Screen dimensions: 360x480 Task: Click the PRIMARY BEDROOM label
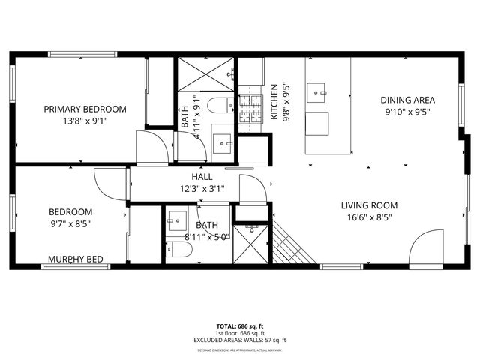click(85, 109)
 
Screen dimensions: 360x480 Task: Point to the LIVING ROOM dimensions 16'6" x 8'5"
click(369, 218)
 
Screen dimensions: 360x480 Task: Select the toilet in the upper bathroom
click(220, 105)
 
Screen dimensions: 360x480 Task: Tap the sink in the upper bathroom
click(223, 142)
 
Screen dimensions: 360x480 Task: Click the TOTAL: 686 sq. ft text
click(240, 326)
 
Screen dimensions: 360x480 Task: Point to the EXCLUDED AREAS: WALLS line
click(240, 340)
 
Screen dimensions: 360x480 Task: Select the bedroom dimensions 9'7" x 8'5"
click(70, 223)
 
